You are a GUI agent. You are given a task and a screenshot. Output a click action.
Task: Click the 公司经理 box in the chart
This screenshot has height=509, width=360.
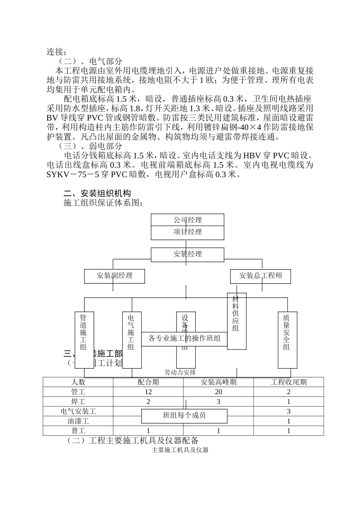pyautogui.click(x=188, y=220)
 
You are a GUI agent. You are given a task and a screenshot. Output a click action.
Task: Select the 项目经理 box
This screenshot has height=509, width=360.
pyautogui.click(x=188, y=232)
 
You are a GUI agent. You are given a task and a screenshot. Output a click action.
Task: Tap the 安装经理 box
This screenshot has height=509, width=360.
pyautogui.click(x=188, y=254)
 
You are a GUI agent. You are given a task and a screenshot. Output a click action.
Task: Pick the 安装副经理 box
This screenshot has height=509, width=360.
pyautogui.click(x=114, y=276)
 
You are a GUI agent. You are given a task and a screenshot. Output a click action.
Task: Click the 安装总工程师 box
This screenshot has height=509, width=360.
pyautogui.click(x=260, y=276)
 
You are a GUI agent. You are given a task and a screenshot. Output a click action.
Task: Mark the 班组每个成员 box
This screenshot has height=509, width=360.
pyautogui.click(x=184, y=415)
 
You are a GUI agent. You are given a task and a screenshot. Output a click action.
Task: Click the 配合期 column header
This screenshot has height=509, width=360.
pyautogui.click(x=148, y=382)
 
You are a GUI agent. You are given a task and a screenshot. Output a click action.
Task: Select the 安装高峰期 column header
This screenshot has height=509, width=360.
pyautogui.click(x=218, y=382)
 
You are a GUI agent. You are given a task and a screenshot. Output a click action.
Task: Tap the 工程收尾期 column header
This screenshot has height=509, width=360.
pyautogui.click(x=288, y=382)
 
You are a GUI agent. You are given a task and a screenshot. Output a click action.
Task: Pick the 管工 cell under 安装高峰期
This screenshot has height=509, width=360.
pyautogui.click(x=218, y=392)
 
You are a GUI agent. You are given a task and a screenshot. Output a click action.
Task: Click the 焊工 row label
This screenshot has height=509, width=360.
pyautogui.click(x=78, y=401)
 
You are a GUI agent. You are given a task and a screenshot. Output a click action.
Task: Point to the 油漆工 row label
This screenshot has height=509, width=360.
pyautogui.click(x=78, y=421)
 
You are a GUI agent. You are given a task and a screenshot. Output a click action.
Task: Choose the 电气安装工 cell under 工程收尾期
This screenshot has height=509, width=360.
pyautogui.click(x=288, y=411)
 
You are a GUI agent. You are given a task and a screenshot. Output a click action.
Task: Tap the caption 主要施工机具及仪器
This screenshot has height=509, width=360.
pyautogui.click(x=180, y=450)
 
